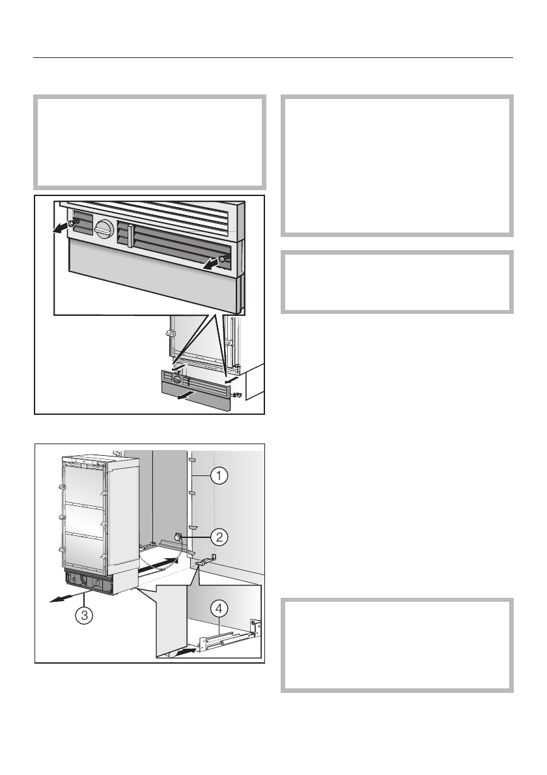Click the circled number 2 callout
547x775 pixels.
(x=219, y=537)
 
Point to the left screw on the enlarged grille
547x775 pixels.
(x=76, y=223)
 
